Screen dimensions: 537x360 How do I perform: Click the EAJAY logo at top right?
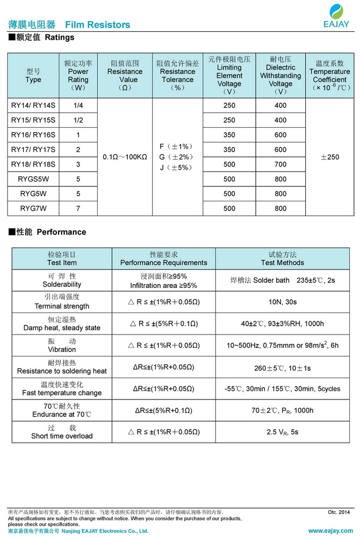tap(337, 16)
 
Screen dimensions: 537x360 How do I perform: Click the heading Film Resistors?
tap(97, 25)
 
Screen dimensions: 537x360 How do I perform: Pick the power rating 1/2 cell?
tap(78, 120)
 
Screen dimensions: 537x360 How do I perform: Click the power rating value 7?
tap(78, 208)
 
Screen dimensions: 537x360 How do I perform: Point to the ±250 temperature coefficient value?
tap(329, 157)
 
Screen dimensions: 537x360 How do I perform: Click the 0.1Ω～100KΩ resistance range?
tap(125, 157)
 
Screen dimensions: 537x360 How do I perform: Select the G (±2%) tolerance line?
tap(177, 157)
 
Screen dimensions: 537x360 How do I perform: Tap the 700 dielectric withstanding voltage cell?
tap(280, 164)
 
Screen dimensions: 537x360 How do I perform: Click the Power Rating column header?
tap(78, 75)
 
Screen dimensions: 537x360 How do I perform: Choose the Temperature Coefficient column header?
tap(329, 75)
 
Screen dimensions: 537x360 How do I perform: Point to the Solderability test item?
tap(62, 280)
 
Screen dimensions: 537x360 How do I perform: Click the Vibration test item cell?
tap(62, 345)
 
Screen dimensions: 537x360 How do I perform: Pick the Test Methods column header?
tap(283, 258)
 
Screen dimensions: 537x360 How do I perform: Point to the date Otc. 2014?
tap(339, 512)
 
